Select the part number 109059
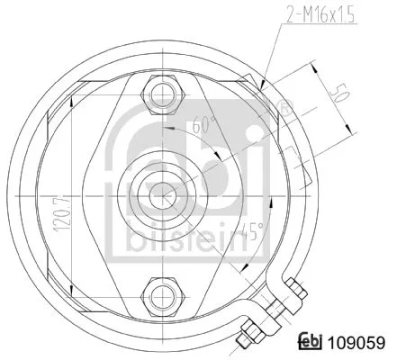coord(358,343)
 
